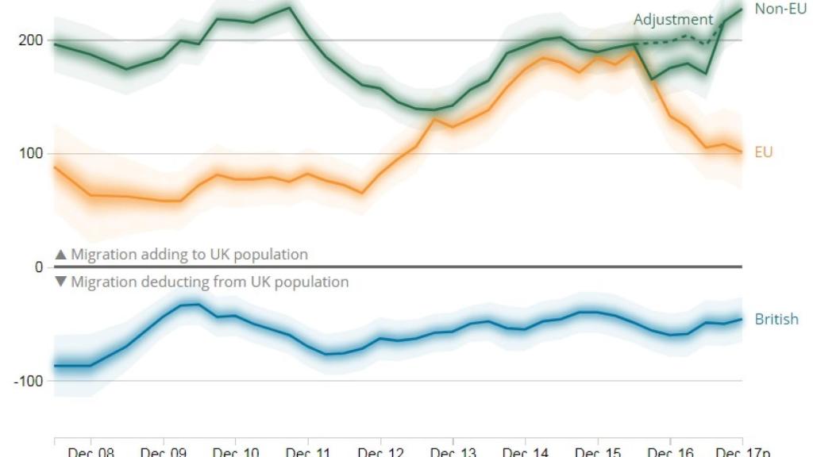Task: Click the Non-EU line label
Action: point(780,9)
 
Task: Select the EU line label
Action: point(763,152)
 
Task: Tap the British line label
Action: point(776,320)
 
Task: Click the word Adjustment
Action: point(673,20)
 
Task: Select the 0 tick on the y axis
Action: point(38,267)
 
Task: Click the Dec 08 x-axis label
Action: point(91,452)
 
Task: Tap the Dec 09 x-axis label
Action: point(163,452)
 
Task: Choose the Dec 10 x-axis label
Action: point(235,452)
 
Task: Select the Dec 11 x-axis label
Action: point(307,452)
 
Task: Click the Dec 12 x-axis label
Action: point(380,452)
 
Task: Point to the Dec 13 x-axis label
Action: point(453,452)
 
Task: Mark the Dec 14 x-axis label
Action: point(525,452)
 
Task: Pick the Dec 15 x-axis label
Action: point(597,452)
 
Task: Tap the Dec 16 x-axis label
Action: point(670,452)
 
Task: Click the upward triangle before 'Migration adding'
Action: point(60,255)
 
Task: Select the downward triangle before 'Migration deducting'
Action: point(60,282)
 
